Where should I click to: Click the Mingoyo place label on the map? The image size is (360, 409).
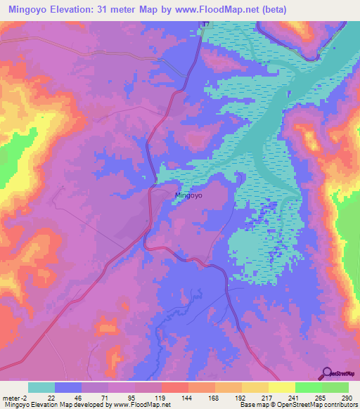click(x=188, y=196)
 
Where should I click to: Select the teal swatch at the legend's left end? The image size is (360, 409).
click(x=41, y=387)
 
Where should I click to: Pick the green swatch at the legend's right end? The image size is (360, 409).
click(x=335, y=387)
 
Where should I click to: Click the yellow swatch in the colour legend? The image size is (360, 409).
click(x=281, y=387)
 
